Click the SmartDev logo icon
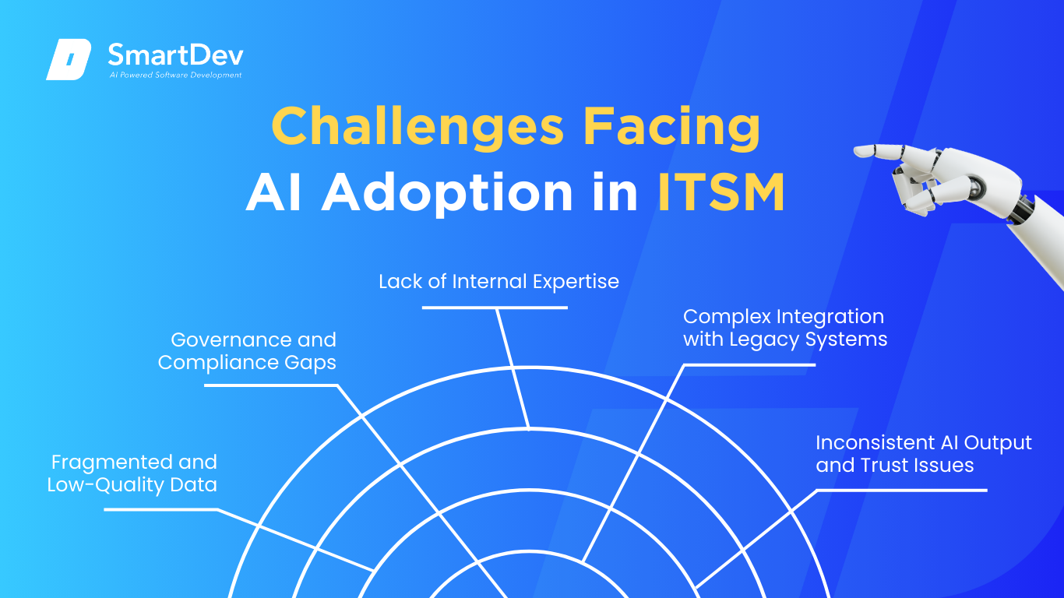coord(69,59)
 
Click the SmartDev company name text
coord(175,55)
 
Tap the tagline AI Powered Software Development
coord(175,75)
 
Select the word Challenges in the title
coord(417,126)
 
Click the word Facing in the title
coord(671,126)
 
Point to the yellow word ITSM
coord(721,192)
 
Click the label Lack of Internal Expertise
coord(499,281)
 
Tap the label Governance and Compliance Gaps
coord(247,351)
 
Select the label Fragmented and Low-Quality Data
coord(132,473)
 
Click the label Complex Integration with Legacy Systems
coord(785,328)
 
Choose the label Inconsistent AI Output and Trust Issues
coord(924,454)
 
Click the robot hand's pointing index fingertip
coord(858,152)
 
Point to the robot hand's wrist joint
coord(1021,208)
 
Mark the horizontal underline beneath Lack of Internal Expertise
coord(495,308)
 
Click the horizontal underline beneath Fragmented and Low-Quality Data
coord(161,510)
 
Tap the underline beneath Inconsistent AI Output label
coord(902,491)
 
